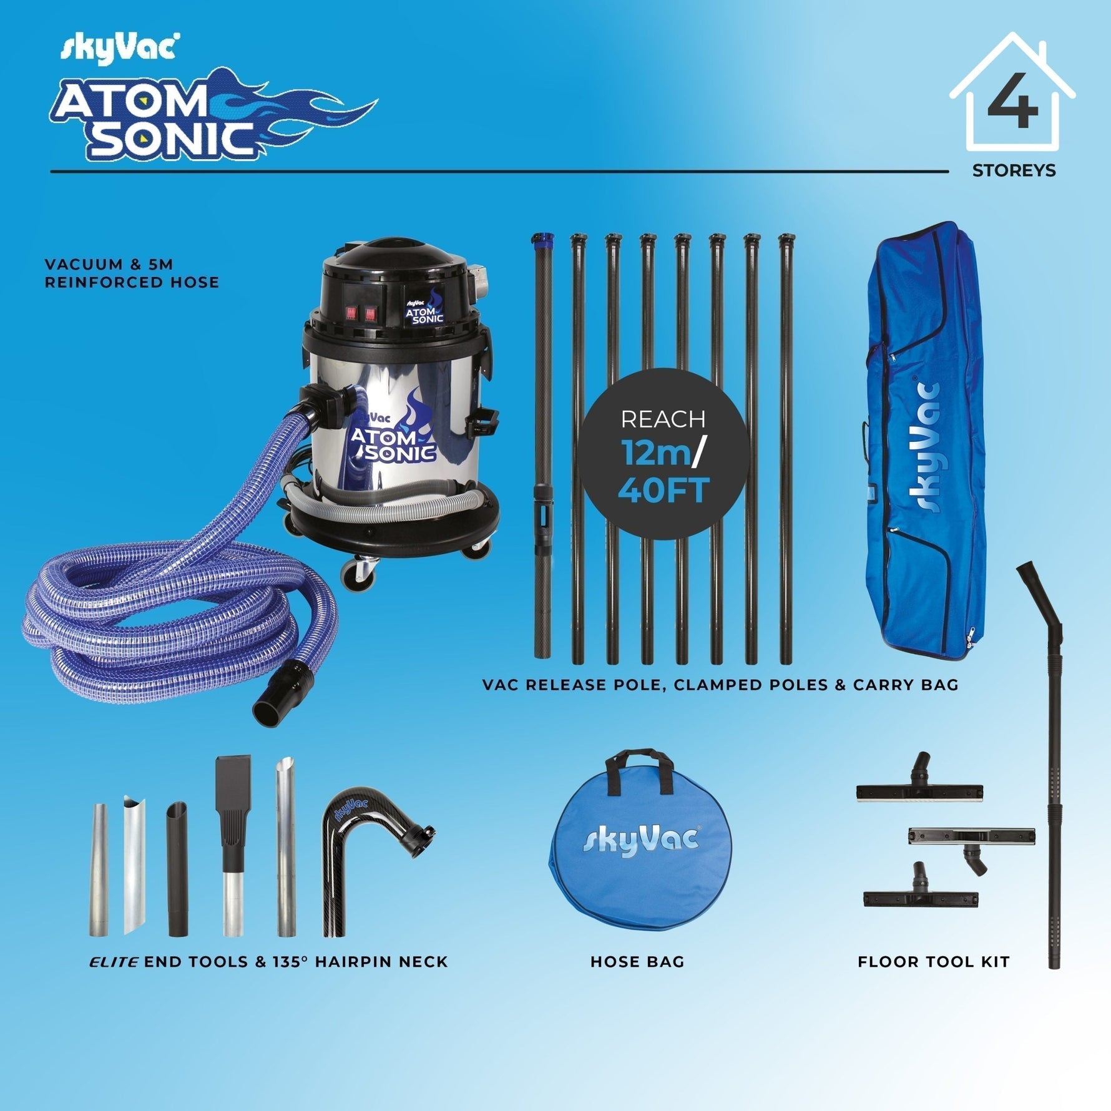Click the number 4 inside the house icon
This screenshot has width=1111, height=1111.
click(1012, 102)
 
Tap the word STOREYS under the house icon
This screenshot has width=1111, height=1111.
click(1014, 170)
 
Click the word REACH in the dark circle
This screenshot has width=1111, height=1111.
click(663, 419)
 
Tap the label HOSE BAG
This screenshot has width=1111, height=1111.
click(637, 962)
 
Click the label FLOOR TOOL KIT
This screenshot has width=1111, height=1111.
click(933, 962)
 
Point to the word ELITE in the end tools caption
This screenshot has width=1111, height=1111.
click(113, 962)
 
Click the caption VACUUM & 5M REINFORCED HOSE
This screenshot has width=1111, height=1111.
click(132, 273)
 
